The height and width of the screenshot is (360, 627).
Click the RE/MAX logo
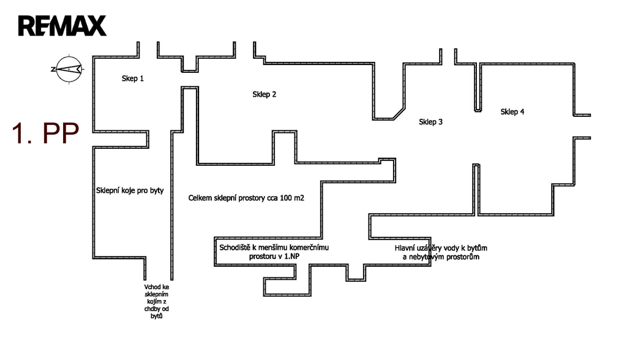click(x=62, y=26)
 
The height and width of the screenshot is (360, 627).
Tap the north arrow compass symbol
click(x=69, y=69)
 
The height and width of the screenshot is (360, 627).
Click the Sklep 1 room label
click(x=133, y=78)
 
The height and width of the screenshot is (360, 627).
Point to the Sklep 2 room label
click(x=265, y=94)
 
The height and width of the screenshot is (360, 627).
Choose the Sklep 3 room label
click(x=431, y=122)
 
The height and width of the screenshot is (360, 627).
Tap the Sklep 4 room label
click(x=512, y=111)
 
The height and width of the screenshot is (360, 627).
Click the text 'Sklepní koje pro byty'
click(x=130, y=190)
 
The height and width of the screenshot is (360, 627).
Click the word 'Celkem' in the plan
click(x=201, y=198)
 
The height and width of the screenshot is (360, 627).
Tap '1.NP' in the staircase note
click(x=290, y=257)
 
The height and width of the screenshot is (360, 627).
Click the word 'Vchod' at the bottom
click(x=152, y=286)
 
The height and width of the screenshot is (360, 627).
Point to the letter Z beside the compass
click(x=53, y=69)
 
